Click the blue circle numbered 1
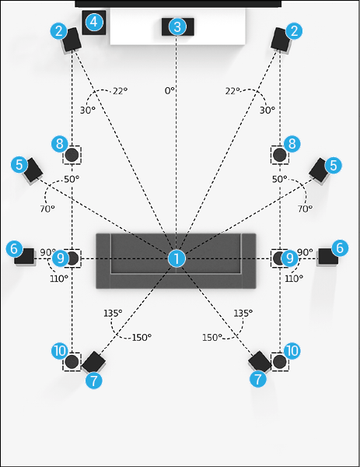(x=177, y=258)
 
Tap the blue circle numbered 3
(x=177, y=27)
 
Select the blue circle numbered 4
(x=94, y=22)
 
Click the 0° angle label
(x=170, y=90)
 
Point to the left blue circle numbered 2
(x=59, y=31)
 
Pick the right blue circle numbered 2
(x=294, y=31)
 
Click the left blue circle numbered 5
(x=19, y=165)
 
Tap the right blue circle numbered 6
(x=340, y=248)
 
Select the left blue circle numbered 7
(x=94, y=381)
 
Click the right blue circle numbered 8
(x=292, y=144)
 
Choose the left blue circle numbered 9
(x=61, y=258)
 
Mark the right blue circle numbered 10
(x=292, y=351)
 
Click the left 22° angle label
(x=121, y=91)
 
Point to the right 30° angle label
(x=267, y=111)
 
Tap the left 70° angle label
(x=47, y=209)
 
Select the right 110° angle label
(x=294, y=279)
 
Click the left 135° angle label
(x=113, y=314)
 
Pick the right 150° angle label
(x=212, y=338)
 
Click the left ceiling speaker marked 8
(x=72, y=155)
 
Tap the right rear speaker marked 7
(x=260, y=362)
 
